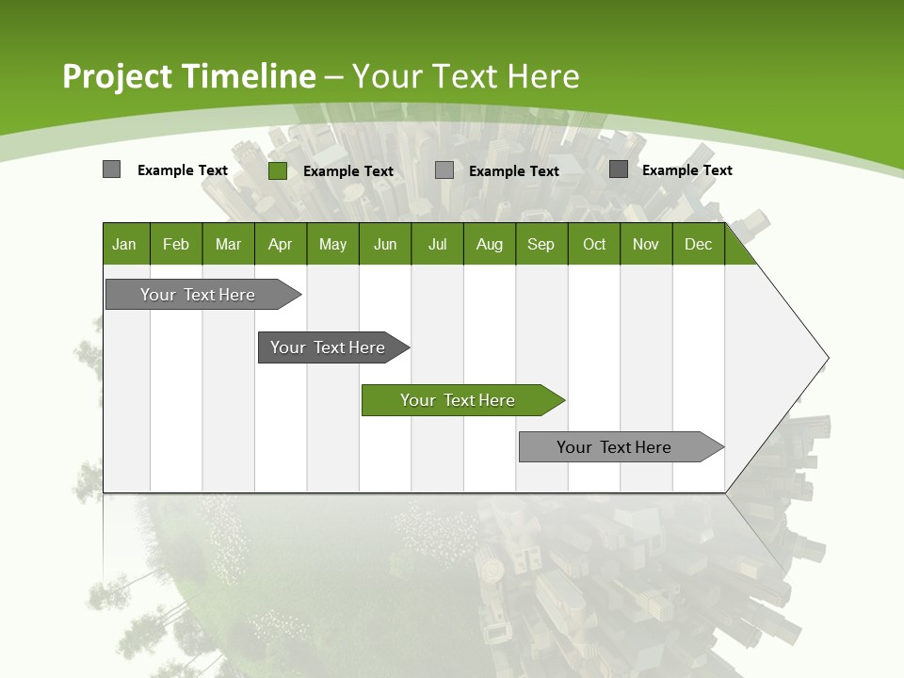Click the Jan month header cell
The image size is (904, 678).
tap(124, 244)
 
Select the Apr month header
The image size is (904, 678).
tap(280, 244)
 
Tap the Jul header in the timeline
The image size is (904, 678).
tap(437, 244)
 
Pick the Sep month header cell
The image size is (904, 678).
tap(541, 244)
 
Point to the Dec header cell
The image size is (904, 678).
tap(698, 244)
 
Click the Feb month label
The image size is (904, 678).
tap(176, 244)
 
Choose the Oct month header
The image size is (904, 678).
tap(594, 244)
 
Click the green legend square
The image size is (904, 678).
tap(278, 170)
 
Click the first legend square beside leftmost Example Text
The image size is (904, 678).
tap(111, 169)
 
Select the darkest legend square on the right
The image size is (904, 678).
tap(619, 169)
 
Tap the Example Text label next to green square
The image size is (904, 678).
tap(348, 171)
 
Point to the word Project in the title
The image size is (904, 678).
tap(117, 76)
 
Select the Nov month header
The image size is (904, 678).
tap(646, 244)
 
